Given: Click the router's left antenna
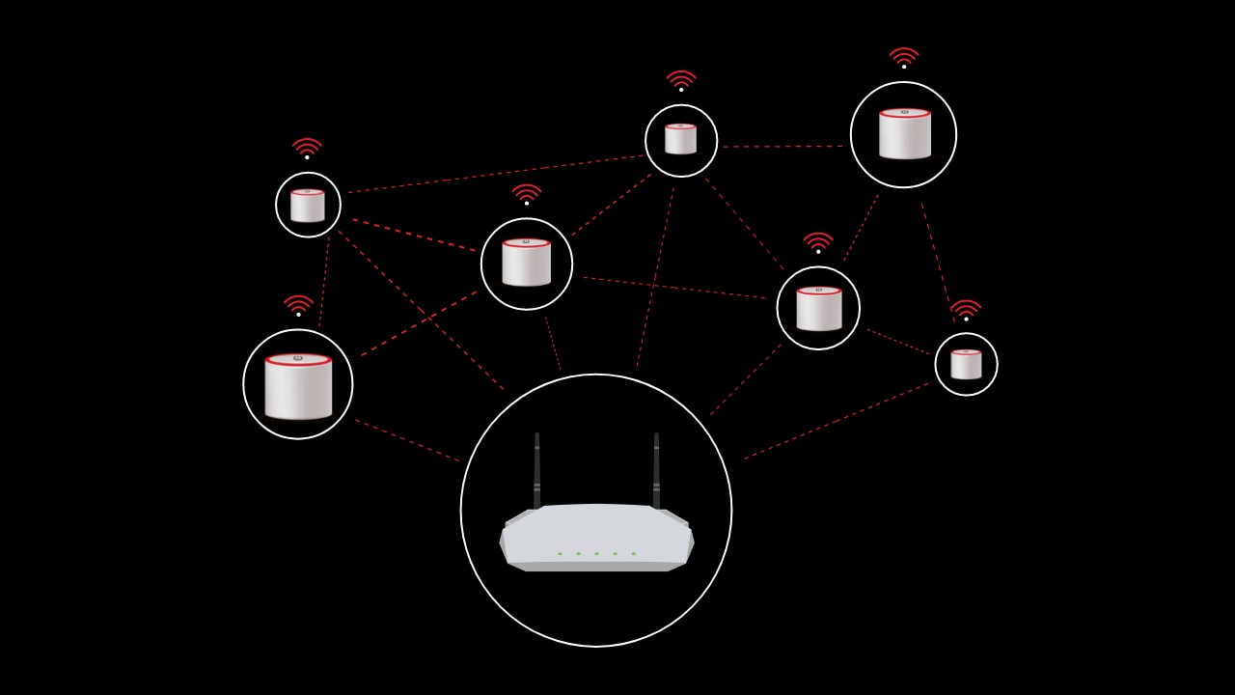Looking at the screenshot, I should tap(537, 468).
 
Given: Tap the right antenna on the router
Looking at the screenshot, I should tap(656, 468).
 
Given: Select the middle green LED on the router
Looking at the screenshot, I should tap(596, 553).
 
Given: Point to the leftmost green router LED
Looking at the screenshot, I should tap(560, 553).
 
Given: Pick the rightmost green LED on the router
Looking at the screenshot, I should tap(633, 553).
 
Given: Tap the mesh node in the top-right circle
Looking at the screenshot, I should tap(904, 133).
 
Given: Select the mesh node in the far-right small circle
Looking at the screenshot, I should tap(966, 364).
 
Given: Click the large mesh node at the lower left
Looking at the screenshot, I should tap(298, 386).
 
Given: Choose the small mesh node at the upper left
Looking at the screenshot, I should tap(308, 206).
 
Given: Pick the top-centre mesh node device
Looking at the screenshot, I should tap(680, 139).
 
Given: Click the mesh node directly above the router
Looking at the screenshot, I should tap(526, 263).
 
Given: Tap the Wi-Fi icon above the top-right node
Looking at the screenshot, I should tap(904, 57).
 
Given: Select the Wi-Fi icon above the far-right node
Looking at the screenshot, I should tap(966, 309).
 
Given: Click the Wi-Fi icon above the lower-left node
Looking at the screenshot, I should tap(298, 305).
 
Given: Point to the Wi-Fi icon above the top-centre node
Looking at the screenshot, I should tap(681, 80).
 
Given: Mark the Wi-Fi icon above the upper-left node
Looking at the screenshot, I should tap(307, 148).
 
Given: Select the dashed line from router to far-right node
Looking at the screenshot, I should tap(836, 421).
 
